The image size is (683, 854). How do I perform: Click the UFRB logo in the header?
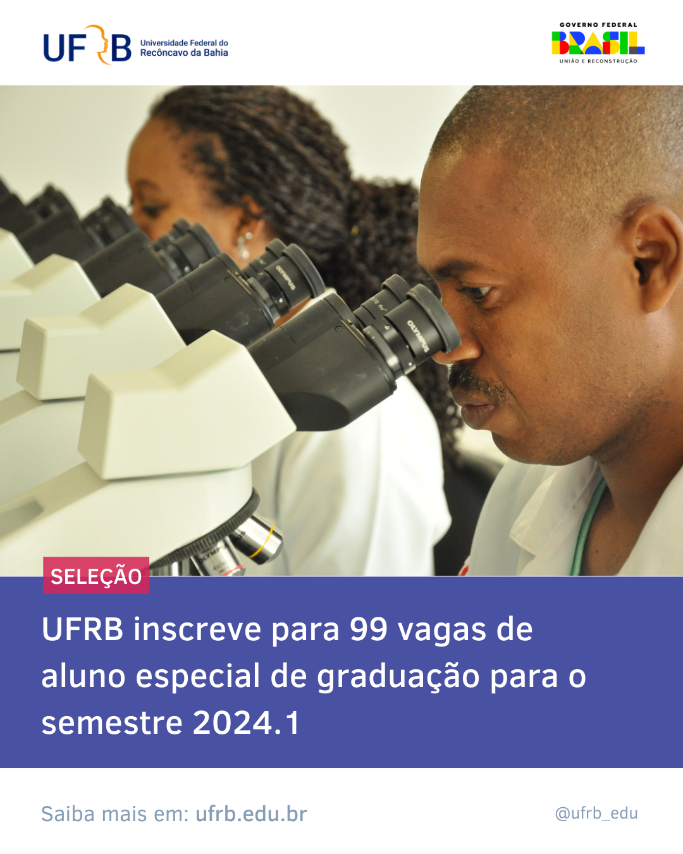(x=87, y=46)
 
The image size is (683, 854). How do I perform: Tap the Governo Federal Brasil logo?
(x=598, y=43)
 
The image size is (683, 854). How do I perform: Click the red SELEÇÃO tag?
(x=96, y=576)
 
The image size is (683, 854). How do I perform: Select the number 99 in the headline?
(x=368, y=629)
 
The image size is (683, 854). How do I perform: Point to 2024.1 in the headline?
(x=246, y=722)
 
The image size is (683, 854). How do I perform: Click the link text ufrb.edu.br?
(x=251, y=814)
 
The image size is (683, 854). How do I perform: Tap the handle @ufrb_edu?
(x=596, y=813)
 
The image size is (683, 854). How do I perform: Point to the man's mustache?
(x=474, y=380)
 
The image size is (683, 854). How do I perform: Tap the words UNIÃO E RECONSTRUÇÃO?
(x=598, y=61)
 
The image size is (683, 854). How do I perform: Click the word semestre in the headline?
(x=111, y=722)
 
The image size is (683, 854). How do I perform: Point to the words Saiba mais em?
(x=114, y=814)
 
